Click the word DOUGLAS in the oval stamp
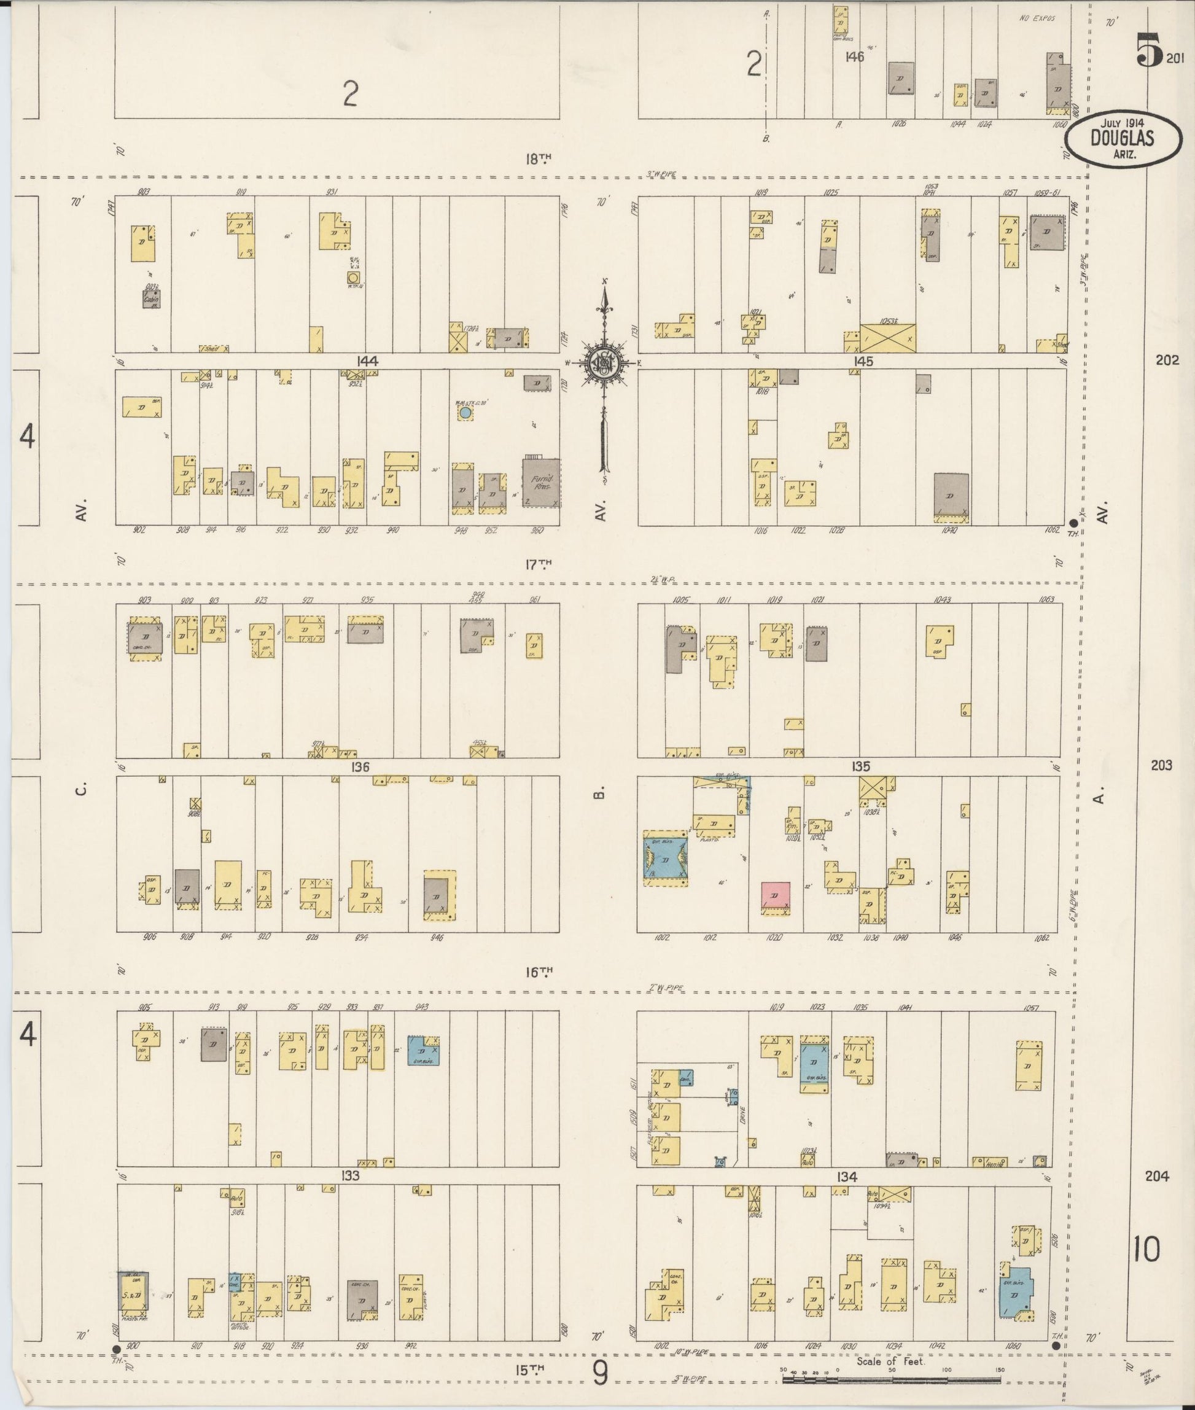[x=1122, y=138]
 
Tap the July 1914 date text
[x=1122, y=123]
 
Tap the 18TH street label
[x=539, y=158]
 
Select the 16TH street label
[x=539, y=972]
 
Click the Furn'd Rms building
[x=541, y=483]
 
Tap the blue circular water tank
[x=465, y=412]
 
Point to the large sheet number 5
[x=1150, y=51]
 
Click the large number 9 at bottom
[x=600, y=1373]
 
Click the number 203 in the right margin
[x=1161, y=765]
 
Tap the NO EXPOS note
[x=1037, y=18]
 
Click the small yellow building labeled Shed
[x=214, y=348]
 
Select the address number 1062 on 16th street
[x=1041, y=938]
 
